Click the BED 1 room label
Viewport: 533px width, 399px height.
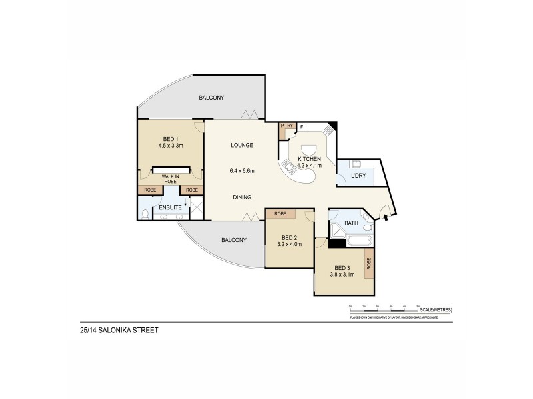[171, 138]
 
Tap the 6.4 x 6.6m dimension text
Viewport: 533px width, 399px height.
[242, 171]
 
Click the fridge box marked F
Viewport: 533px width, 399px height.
[302, 126]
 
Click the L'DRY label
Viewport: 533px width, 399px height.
[358, 176]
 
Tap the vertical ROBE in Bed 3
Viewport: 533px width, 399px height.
[368, 265]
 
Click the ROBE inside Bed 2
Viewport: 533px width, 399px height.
[280, 214]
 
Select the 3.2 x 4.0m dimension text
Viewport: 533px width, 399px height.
[289, 245]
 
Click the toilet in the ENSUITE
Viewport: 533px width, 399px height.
[147, 214]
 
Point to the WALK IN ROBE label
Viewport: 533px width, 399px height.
[171, 179]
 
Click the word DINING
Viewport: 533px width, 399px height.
[241, 198]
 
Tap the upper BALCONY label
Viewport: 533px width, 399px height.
[211, 98]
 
